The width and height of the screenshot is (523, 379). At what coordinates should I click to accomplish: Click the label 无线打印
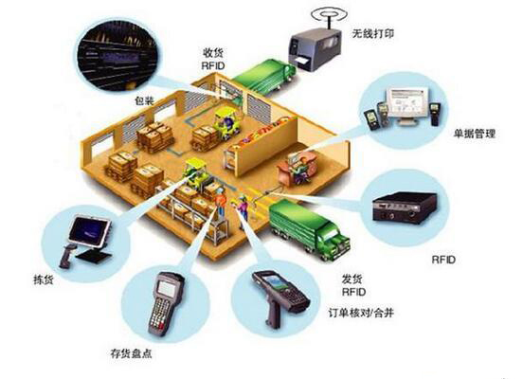[373, 34]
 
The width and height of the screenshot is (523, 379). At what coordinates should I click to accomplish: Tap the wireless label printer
[315, 49]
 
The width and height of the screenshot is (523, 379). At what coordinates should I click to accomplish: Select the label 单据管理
[474, 135]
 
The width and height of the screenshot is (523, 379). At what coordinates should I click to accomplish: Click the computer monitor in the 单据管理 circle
[406, 106]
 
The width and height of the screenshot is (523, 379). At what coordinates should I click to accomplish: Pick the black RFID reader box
[405, 208]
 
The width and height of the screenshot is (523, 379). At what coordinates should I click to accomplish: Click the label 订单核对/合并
[361, 313]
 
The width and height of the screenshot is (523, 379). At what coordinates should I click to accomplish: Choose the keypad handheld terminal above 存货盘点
[166, 303]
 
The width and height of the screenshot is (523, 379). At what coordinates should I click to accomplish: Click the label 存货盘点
[131, 353]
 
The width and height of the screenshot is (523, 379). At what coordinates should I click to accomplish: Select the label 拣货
[44, 280]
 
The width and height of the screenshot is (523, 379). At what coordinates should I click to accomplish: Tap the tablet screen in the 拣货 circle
[89, 231]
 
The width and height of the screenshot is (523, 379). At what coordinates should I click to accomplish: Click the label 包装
[144, 100]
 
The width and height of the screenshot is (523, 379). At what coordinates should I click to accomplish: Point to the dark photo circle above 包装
[117, 57]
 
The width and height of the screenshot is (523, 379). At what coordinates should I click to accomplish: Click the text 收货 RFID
[213, 59]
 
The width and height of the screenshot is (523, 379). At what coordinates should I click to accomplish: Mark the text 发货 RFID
[353, 285]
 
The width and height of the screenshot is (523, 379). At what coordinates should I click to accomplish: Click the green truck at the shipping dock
[309, 229]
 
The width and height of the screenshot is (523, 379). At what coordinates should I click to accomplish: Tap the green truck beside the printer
[263, 78]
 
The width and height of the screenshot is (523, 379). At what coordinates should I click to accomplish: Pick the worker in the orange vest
[220, 201]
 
